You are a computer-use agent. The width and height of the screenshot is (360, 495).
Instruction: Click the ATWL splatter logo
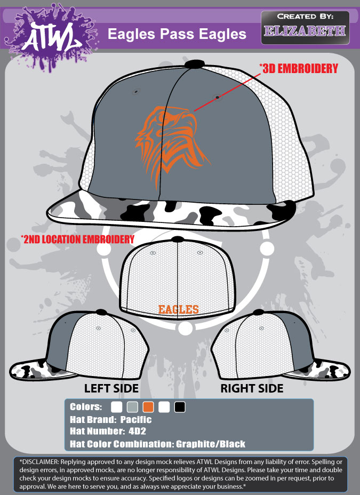(51, 36)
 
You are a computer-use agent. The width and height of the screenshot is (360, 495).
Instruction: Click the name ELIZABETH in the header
(305, 31)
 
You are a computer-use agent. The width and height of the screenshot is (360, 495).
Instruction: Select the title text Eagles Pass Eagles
(177, 34)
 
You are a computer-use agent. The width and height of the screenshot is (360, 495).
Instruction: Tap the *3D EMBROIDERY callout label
(299, 68)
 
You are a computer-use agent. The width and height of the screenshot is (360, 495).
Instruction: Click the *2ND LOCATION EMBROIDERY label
(78, 239)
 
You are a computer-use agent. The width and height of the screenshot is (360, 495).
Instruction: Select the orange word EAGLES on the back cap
(178, 309)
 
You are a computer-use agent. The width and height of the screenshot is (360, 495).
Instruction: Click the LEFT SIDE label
(111, 388)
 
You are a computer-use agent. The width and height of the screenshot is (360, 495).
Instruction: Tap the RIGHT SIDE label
(252, 388)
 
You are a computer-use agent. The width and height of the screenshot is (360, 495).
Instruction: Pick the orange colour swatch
(148, 407)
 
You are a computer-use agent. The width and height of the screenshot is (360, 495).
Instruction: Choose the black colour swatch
(180, 407)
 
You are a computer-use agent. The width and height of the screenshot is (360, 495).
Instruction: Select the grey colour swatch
(132, 407)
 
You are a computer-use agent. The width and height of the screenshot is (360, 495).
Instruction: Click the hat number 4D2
(137, 431)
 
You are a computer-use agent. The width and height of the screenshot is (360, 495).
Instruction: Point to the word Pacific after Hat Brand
(136, 420)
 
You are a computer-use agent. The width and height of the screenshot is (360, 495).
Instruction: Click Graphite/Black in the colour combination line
(211, 444)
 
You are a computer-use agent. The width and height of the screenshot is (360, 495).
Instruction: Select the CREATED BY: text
(305, 17)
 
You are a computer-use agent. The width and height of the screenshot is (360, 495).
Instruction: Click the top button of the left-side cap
(101, 313)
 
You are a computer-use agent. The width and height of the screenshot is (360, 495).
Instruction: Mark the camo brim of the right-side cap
(319, 369)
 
